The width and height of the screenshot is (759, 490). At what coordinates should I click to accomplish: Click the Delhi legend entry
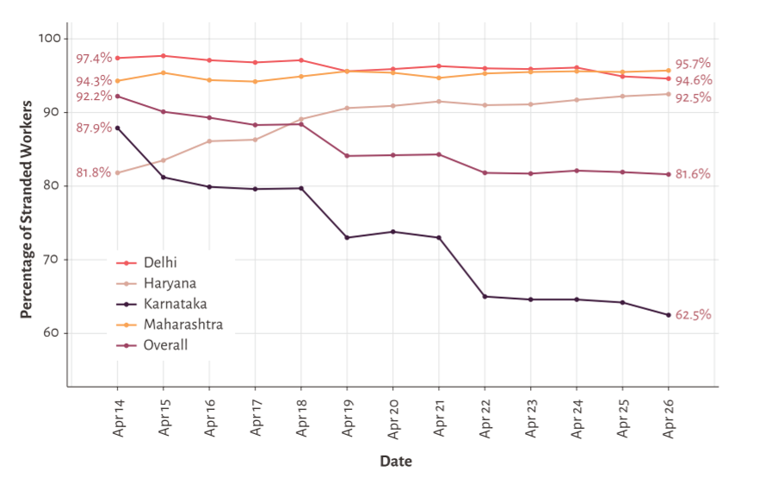[161, 262]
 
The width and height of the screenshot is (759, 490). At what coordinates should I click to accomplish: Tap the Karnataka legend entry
[175, 303]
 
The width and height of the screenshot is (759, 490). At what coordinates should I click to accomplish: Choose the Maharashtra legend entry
[182, 325]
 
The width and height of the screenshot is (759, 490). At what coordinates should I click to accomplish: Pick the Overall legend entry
[165, 345]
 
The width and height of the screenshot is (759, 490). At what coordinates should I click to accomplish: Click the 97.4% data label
[93, 59]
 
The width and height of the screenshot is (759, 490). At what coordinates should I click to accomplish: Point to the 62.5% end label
[693, 315]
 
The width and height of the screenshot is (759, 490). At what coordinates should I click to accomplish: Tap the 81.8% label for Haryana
[93, 172]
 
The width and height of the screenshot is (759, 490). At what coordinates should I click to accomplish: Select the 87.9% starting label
[93, 127]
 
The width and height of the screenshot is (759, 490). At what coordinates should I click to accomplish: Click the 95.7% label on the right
[693, 64]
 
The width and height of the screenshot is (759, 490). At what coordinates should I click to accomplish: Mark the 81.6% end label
[693, 174]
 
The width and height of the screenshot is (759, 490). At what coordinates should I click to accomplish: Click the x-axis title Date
[396, 462]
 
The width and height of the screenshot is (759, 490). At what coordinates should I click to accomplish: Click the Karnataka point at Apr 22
[484, 296]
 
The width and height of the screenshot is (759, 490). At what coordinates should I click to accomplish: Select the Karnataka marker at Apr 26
[669, 315]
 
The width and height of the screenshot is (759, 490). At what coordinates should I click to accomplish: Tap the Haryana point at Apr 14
[117, 172]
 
